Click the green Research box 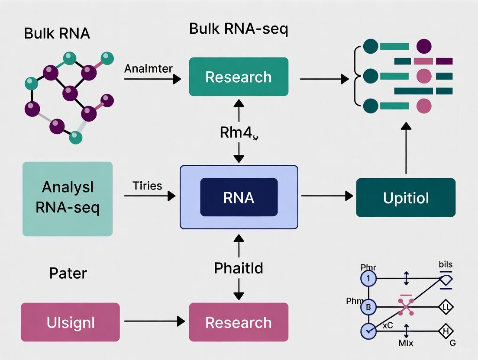[239, 77]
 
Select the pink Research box [239, 322]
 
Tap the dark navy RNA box [239, 197]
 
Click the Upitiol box [406, 198]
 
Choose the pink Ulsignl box [70, 322]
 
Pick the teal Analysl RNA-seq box [68, 199]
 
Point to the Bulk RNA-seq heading [239, 29]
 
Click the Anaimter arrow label [148, 69]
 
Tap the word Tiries [148, 186]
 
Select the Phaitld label [239, 268]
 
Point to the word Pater [68, 273]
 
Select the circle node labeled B [368, 308]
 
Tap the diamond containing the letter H [446, 331]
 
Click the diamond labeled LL [446, 308]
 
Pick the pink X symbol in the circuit [406, 306]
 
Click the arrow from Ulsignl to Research [152, 321]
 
